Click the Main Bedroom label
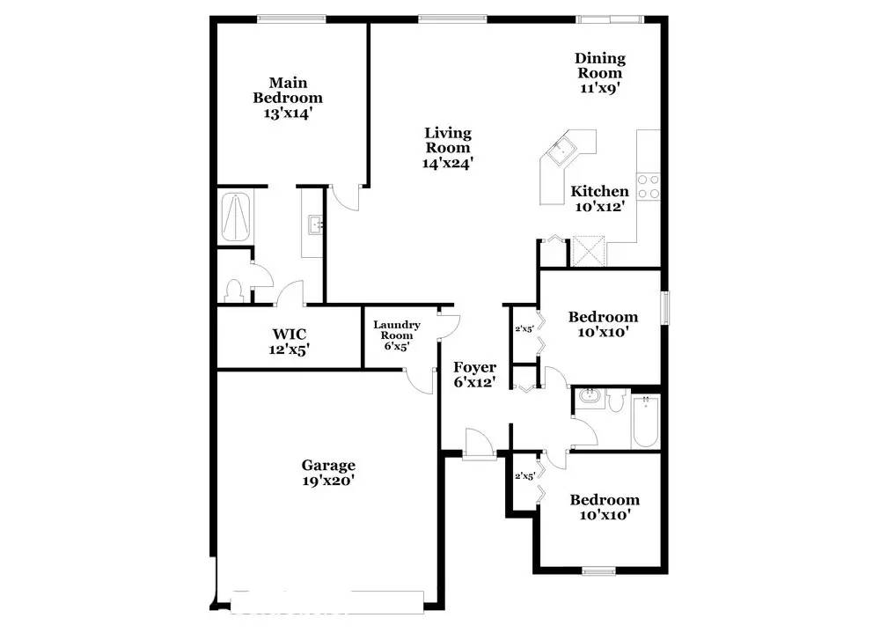[x=288, y=91]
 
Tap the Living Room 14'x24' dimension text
[x=448, y=163]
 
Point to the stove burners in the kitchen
[x=649, y=186]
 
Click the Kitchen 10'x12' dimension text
[x=600, y=207]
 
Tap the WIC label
[x=289, y=335]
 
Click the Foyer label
[x=474, y=367]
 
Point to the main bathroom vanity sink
[x=313, y=225]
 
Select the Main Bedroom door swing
[x=348, y=197]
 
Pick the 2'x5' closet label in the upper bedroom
[x=524, y=330]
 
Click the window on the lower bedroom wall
[x=598, y=570]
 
